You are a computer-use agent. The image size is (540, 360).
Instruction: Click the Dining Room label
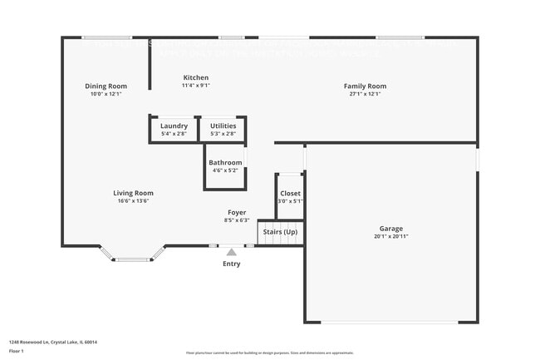106,86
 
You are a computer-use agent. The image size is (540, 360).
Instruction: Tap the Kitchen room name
196,77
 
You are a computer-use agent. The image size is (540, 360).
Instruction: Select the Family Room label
366,86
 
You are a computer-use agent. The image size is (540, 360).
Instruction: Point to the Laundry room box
174,129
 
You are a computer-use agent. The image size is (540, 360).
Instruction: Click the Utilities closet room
223,129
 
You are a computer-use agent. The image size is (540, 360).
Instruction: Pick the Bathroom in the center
225,166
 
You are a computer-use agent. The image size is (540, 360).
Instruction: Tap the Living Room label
133,193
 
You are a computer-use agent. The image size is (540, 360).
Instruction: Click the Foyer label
237,212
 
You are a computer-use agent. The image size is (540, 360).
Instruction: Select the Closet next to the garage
290,196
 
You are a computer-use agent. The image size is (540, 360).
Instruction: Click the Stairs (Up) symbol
279,232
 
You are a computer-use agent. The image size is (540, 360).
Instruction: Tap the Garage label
391,228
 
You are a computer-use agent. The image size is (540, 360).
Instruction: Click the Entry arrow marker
231,251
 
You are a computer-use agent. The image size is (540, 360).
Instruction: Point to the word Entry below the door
231,264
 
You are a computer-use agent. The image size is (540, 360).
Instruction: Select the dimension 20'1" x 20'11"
391,237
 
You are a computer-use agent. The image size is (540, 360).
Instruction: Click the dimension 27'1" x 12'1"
366,94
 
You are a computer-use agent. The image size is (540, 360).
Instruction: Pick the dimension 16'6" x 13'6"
133,201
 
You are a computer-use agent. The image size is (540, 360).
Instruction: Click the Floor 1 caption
17,352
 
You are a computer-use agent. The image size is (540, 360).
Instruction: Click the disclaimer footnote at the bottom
269,353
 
